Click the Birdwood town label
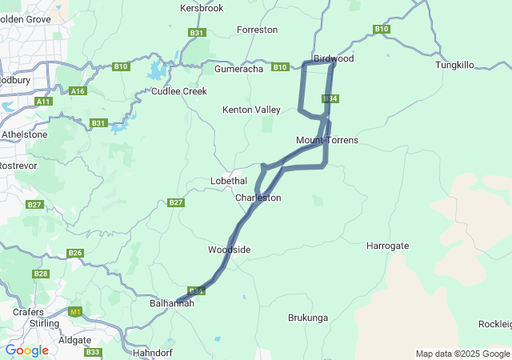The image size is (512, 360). point(334,58)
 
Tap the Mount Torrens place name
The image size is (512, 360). point(326,140)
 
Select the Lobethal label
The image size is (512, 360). point(229,181)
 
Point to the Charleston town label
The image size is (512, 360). point(258,198)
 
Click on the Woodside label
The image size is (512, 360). point(230,250)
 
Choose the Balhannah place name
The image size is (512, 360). point(172,304)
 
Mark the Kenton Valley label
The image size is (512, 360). point(250,109)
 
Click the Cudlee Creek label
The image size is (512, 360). point(180,91)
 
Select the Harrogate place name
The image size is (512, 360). point(387,245)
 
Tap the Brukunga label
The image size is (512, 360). point(308,318)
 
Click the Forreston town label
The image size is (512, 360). point(258,30)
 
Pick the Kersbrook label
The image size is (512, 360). point(202,8)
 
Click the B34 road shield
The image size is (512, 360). point(330,98)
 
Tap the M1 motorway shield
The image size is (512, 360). point(75,312)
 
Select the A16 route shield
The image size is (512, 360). point(78,91)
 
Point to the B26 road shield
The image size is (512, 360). point(75,253)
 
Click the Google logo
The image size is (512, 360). point(26,350)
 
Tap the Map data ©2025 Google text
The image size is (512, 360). point(462,354)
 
